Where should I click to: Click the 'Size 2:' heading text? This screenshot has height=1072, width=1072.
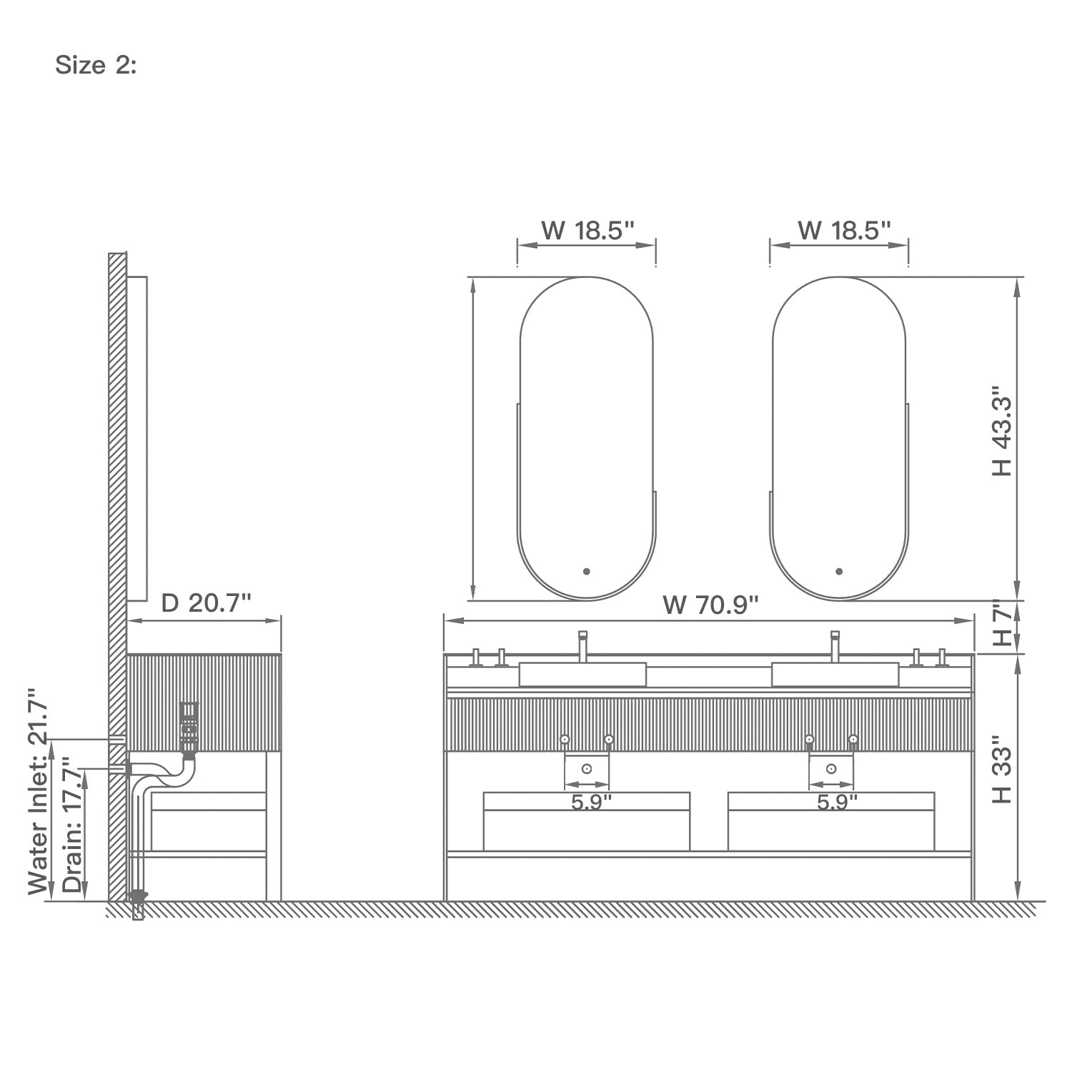(96, 65)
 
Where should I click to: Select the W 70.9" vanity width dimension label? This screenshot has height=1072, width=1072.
(710, 605)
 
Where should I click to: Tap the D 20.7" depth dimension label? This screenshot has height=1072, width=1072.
(206, 603)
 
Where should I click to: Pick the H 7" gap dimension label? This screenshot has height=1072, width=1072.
(1003, 625)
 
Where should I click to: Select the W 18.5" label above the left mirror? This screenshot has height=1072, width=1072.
(587, 230)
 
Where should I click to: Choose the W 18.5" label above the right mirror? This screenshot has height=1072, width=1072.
(843, 230)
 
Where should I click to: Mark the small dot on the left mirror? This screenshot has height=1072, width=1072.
(586, 571)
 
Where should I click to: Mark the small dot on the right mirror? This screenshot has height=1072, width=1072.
(839, 571)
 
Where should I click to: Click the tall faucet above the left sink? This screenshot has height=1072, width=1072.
(582, 645)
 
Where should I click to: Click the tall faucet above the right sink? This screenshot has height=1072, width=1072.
(834, 645)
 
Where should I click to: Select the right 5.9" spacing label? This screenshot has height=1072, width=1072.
(836, 803)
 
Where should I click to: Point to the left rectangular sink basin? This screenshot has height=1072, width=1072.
(582, 674)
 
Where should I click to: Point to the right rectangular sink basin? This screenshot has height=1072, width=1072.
(835, 674)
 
